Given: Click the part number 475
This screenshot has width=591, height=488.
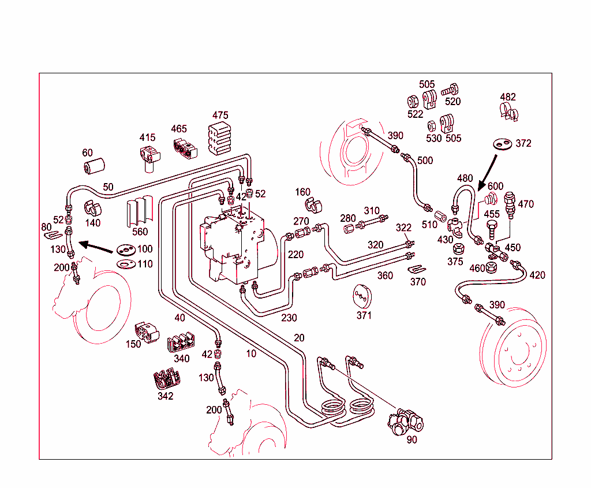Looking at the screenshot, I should click(x=220, y=115).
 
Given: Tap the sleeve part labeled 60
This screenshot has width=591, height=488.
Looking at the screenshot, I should click(x=93, y=166).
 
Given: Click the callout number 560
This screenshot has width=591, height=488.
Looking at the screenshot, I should click(x=140, y=232).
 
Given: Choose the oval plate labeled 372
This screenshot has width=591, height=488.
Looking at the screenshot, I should click(x=500, y=143).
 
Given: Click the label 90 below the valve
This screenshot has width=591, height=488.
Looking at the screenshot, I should click(x=412, y=439).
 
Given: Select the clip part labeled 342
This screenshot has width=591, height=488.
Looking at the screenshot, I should click(x=167, y=379).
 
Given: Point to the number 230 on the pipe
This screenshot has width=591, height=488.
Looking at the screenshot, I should click(x=289, y=318).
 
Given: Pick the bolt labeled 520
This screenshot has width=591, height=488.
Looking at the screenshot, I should click(x=450, y=90).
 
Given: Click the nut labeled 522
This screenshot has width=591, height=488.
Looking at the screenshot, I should click(x=413, y=99).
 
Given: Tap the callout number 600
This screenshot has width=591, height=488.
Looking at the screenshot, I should click(x=495, y=186).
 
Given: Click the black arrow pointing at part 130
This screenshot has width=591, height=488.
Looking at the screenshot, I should click(x=96, y=247).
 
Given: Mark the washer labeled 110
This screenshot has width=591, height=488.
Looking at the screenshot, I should click(x=124, y=264).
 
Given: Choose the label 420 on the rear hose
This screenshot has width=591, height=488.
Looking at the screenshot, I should click(x=537, y=275).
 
